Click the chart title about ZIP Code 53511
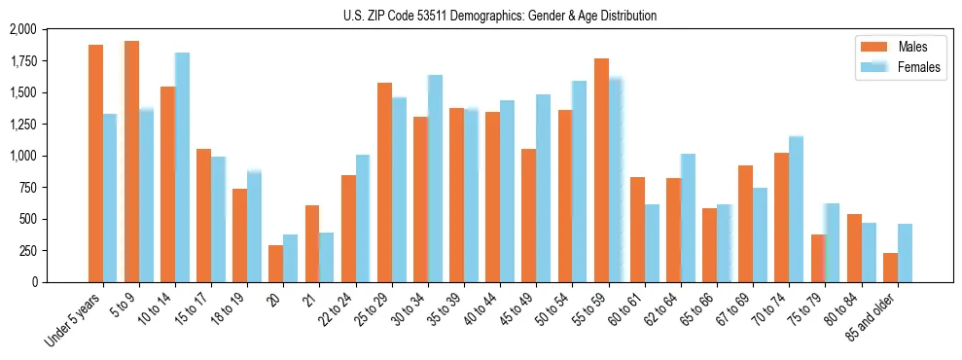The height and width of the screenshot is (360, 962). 500,16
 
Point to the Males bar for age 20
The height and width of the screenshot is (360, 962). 276,264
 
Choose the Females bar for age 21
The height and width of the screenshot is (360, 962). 327,257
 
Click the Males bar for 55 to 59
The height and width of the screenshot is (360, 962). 601,170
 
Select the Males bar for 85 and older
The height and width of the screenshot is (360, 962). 890,268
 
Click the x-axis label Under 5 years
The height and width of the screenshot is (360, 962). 73,321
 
